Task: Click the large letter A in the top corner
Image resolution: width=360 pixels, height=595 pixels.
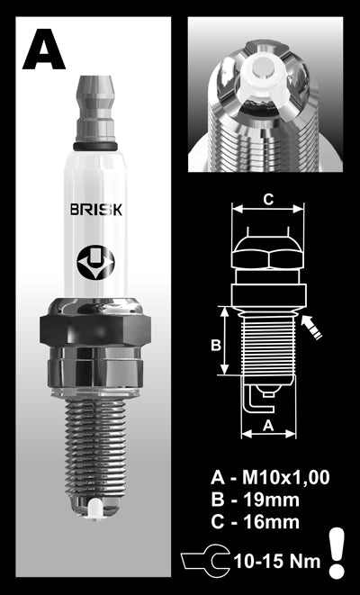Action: (43, 50)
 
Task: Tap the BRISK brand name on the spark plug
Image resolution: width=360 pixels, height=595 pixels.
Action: (96, 209)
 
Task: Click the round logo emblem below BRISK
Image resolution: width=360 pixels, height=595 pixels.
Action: (95, 262)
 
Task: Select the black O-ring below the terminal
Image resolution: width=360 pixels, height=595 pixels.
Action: (95, 147)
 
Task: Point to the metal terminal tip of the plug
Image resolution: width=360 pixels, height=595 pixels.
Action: (95, 109)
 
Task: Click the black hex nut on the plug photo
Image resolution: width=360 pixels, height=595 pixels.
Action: (95, 329)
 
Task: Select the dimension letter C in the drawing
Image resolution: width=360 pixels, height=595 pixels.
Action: (268, 199)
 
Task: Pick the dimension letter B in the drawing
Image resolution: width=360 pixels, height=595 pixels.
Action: (216, 346)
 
